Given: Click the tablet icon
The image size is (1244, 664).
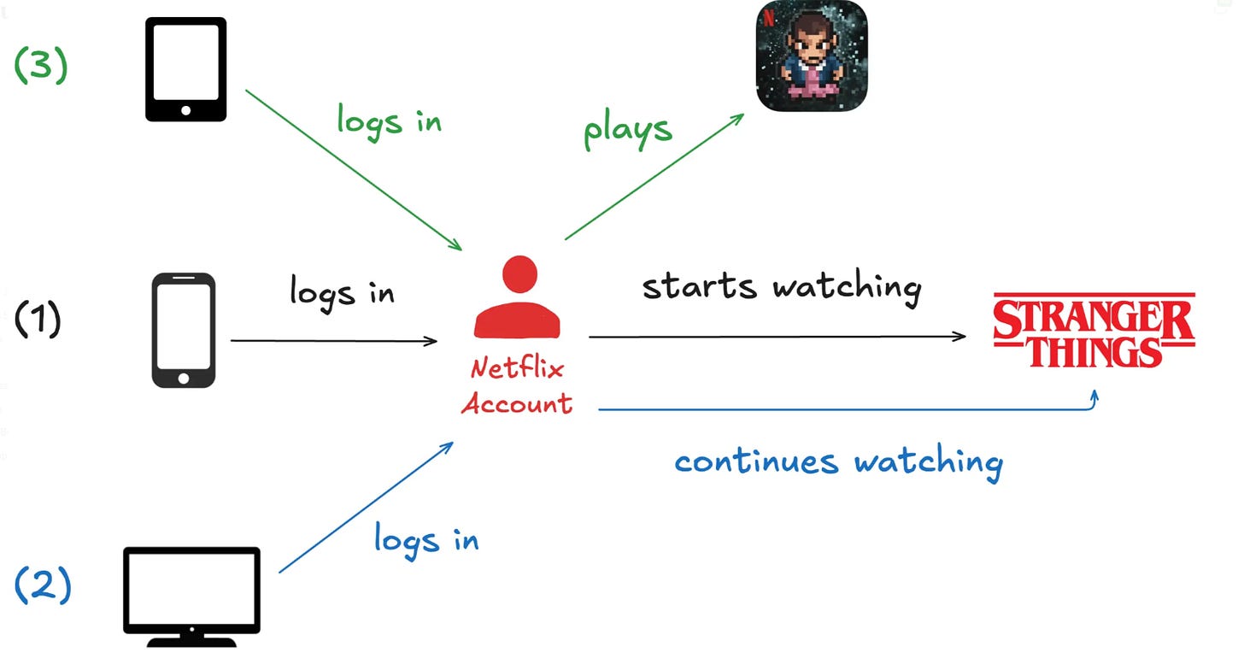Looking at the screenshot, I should pyautogui.click(x=185, y=69).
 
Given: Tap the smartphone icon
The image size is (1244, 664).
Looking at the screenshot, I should pyautogui.click(x=184, y=330).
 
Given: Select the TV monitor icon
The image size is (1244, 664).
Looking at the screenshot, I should pyautogui.click(x=191, y=589).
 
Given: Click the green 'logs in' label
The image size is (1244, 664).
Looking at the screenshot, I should pyautogui.click(x=389, y=120).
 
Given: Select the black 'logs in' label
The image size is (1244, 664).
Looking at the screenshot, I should pyautogui.click(x=342, y=292).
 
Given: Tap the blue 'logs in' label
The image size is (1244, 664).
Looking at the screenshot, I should pyautogui.click(x=425, y=539).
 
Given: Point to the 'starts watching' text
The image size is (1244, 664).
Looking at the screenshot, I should pyautogui.click(x=781, y=287).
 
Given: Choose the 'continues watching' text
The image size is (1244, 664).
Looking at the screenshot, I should pyautogui.click(x=838, y=462).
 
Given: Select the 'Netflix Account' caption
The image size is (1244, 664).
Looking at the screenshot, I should pyautogui.click(x=517, y=386).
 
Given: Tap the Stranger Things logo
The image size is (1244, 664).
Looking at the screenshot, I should pyautogui.click(x=1094, y=330).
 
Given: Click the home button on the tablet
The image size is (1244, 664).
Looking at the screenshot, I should pyautogui.click(x=185, y=109).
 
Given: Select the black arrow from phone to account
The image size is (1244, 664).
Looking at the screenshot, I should pyautogui.click(x=333, y=341).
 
